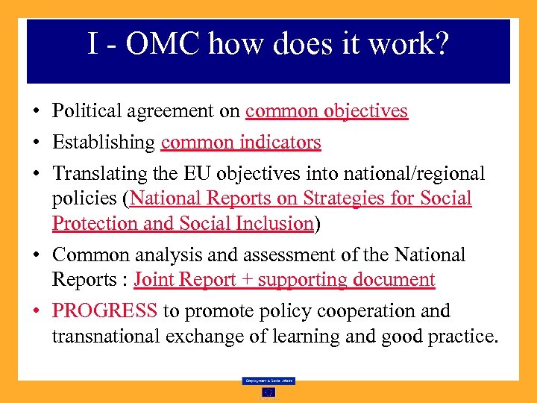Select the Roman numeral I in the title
92,44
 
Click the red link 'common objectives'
326,111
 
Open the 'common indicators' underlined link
240,142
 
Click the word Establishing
104,142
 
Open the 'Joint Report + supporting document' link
284,280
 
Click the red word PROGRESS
104,310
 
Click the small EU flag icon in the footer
268,392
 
